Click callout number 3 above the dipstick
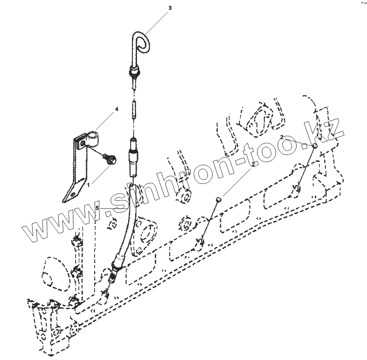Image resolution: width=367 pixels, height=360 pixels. [171, 8]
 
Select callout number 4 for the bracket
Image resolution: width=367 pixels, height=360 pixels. [116, 109]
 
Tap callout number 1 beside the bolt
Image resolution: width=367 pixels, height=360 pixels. [88, 185]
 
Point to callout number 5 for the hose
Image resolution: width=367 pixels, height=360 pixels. [97, 208]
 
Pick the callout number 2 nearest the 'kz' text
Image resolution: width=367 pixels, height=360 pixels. [282, 137]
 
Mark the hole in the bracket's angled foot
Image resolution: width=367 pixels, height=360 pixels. [73, 194]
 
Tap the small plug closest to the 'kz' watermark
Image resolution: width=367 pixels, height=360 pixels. [315, 146]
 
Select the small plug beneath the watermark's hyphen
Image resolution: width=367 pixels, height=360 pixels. [219, 198]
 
